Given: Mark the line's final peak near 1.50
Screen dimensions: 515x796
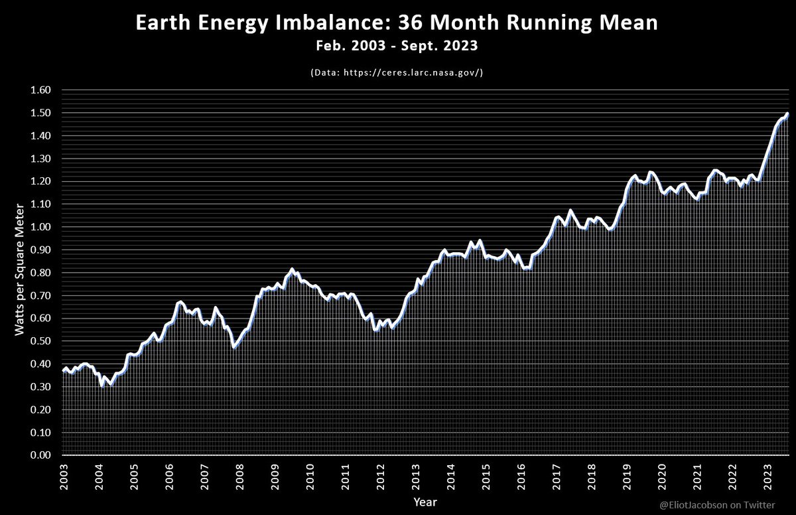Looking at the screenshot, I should coord(787,113).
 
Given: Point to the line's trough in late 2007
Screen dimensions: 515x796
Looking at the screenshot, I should coord(233,347).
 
